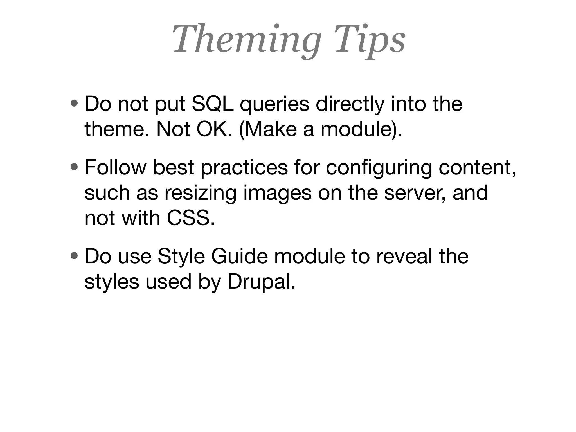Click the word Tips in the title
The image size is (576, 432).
tap(370, 39)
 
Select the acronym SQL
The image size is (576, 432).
tap(213, 104)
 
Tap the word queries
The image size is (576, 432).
tap(274, 104)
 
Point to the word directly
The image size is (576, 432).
tap(350, 104)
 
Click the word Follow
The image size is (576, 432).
tap(115, 168)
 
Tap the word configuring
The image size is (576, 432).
tap(379, 168)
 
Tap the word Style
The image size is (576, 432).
tap(181, 256)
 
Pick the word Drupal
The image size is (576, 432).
tap(261, 282)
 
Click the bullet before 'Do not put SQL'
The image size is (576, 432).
tap(75, 104)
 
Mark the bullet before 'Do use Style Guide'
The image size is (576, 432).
tap(75, 256)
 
